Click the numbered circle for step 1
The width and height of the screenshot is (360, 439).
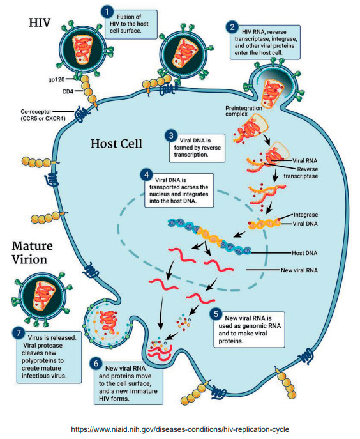[107, 12]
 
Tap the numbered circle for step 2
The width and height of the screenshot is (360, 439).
[232, 27]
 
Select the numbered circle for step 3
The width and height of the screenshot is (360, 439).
[171, 135]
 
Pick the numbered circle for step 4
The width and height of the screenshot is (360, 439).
[147, 175]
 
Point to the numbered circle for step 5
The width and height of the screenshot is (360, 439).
[216, 314]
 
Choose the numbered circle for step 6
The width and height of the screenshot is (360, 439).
[96, 364]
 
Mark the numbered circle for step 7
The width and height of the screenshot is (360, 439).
[19, 333]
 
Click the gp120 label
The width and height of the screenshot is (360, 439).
[56, 79]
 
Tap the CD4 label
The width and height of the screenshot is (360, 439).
[68, 91]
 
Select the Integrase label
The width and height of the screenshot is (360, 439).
[306, 215]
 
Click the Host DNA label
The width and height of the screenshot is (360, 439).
[304, 253]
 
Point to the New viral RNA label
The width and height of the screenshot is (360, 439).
[299, 270]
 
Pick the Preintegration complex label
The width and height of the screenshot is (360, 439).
[244, 111]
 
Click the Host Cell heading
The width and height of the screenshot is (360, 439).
[116, 144]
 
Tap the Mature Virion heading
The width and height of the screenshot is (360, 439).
[32, 252]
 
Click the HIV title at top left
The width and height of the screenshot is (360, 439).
[40, 22]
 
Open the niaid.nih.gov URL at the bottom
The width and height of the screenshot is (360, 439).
[180, 429]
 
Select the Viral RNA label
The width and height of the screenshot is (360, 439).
[305, 160]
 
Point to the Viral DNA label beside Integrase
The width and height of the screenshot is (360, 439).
[305, 224]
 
